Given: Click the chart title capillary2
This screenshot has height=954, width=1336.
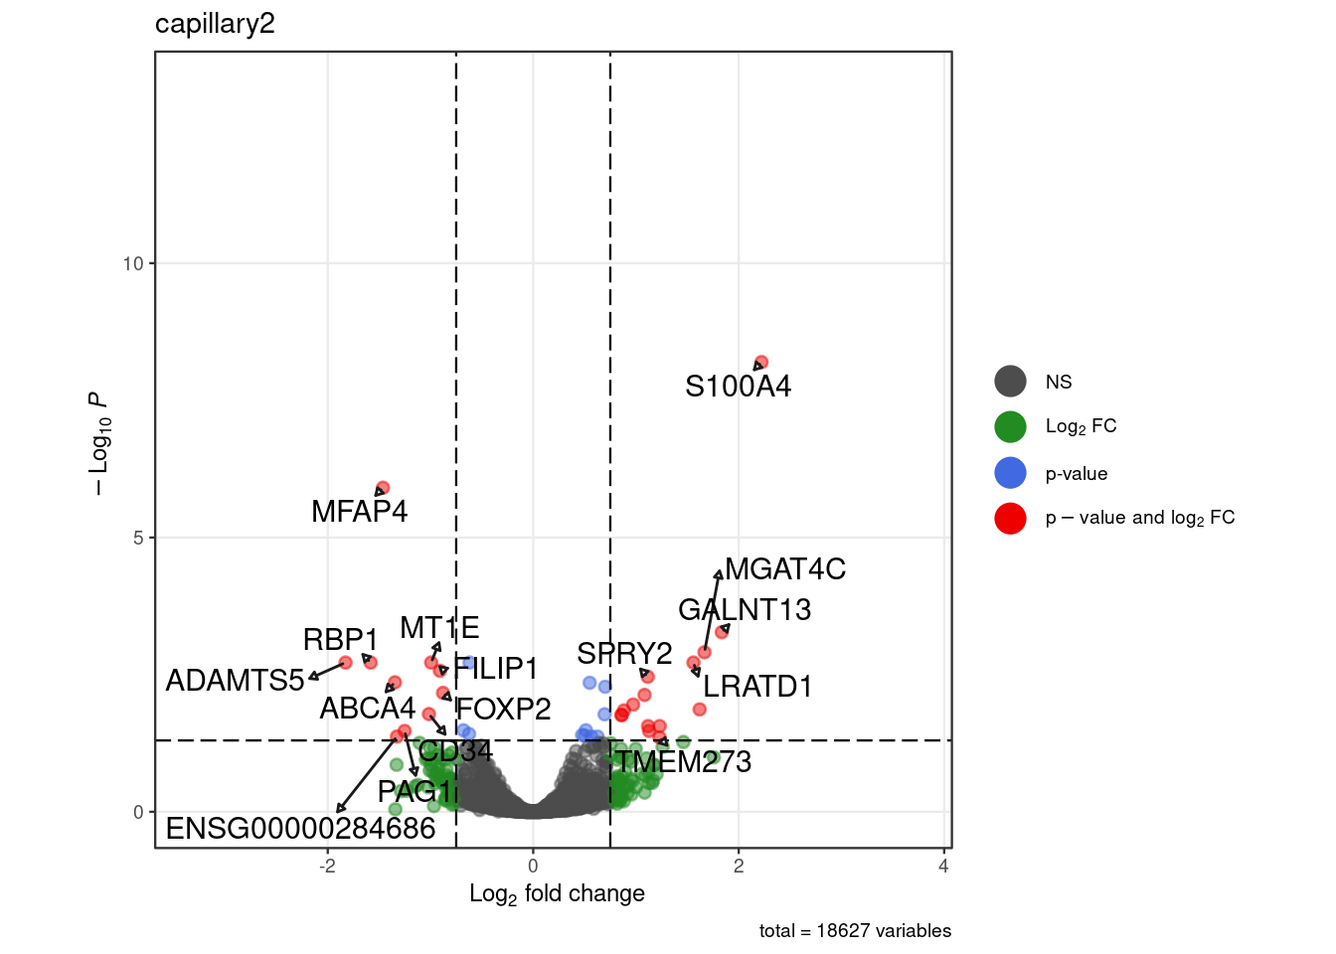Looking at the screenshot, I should click(215, 24).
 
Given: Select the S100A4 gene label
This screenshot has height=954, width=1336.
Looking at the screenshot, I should click(738, 387).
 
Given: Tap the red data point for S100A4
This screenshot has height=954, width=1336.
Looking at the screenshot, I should click(761, 363).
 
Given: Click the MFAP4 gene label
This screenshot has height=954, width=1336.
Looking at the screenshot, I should click(359, 512).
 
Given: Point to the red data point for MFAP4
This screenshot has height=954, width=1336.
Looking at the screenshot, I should click(383, 488).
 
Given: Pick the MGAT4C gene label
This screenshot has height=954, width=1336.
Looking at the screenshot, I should click(785, 569).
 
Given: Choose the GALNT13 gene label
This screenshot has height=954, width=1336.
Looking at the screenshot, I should click(745, 610).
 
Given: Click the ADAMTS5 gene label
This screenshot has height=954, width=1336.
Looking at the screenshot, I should click(235, 681).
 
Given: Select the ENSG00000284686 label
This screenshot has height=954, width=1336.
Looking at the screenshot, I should click(300, 829).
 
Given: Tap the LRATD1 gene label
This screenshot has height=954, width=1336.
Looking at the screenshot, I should click(757, 687).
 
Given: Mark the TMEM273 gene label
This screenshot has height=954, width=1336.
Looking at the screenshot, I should click(683, 762).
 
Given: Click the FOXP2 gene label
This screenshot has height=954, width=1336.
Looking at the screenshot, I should click(503, 710).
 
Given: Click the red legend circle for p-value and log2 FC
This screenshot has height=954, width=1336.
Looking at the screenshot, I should click(1010, 518).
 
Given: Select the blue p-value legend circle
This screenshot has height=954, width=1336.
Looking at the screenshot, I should click(1010, 473).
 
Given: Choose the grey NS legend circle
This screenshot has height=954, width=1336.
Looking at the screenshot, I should click(1010, 382).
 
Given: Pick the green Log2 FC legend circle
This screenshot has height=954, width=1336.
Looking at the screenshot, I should click(1010, 426).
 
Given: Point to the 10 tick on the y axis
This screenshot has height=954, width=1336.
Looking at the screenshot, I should click(133, 263).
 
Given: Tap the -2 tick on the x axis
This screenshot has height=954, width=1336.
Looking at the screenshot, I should click(327, 867).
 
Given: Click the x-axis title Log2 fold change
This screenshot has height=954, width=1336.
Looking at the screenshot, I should click(557, 894).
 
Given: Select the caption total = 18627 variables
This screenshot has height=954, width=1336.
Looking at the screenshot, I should click(855, 931).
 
